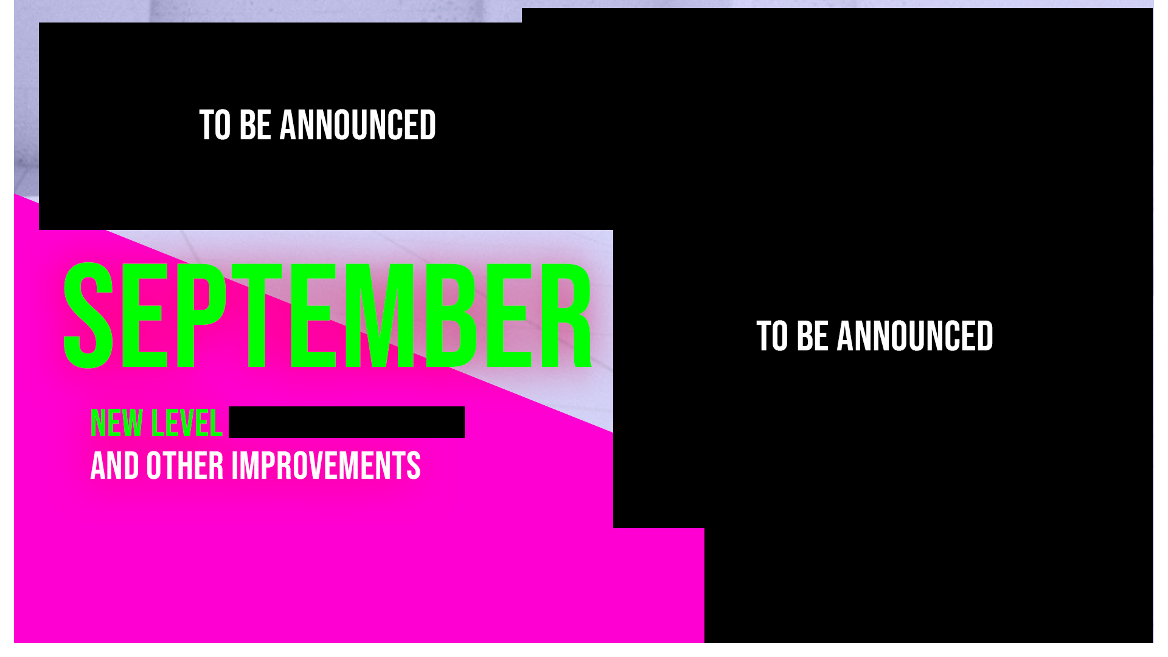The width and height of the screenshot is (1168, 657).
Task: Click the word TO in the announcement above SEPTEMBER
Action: (x=215, y=125)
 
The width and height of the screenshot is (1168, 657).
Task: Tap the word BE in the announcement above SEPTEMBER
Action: (x=255, y=125)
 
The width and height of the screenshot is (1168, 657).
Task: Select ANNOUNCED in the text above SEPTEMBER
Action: (x=358, y=125)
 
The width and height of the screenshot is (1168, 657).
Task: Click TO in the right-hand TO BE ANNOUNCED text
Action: (x=772, y=336)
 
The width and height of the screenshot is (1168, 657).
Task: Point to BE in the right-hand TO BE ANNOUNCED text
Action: (x=812, y=336)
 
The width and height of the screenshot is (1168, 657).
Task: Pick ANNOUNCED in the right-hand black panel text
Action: (x=915, y=336)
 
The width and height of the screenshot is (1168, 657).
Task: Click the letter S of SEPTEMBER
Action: (x=89, y=316)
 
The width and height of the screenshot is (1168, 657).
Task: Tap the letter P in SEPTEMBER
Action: (x=202, y=316)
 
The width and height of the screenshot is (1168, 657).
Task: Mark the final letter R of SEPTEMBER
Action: (x=566, y=316)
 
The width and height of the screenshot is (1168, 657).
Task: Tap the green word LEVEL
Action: (x=187, y=423)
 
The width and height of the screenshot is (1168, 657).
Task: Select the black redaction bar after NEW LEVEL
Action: (x=347, y=422)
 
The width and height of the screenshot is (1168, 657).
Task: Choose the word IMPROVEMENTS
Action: (x=326, y=466)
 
